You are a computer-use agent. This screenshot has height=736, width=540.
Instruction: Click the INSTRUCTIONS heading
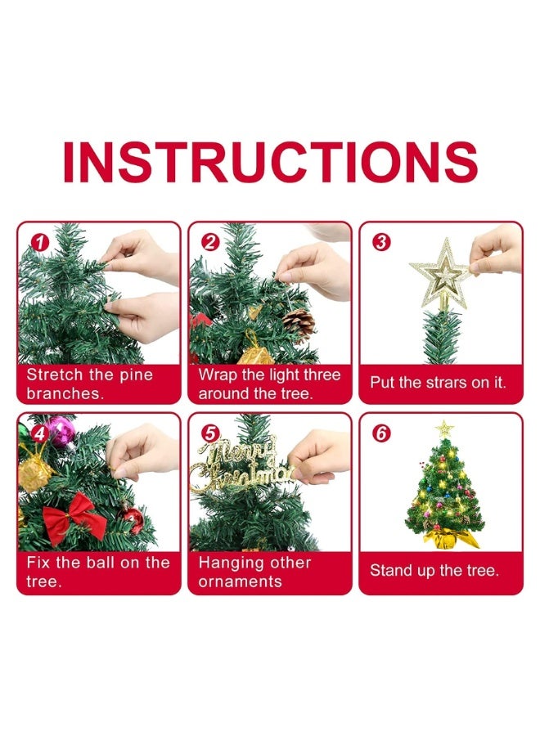pos(270,163)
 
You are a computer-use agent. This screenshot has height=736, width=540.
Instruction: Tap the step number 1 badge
pos(36,242)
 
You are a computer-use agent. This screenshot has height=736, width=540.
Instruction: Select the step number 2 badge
pos(209,242)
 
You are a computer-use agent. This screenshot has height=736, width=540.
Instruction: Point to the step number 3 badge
pos(380,242)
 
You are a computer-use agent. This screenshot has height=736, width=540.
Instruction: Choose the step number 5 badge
pos(209,433)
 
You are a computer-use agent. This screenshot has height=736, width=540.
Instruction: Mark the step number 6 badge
pos(380,433)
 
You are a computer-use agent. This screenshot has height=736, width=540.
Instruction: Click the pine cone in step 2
pos(298,324)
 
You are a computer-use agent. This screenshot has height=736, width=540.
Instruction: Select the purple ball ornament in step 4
pos(61,431)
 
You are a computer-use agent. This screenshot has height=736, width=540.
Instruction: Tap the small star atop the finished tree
pos(444,428)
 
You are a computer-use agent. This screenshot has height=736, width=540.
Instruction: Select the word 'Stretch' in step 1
pos(55,375)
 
